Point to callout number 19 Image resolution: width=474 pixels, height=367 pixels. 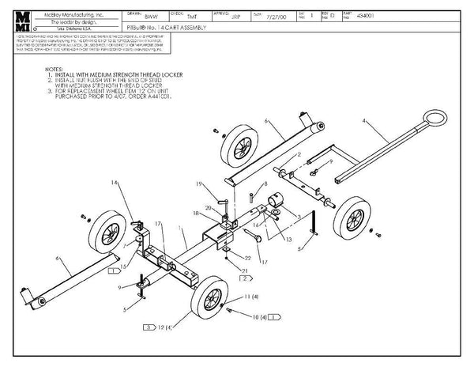[200, 184]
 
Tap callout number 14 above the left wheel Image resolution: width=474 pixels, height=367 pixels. [115, 183]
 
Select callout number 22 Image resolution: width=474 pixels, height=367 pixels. [248, 259]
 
